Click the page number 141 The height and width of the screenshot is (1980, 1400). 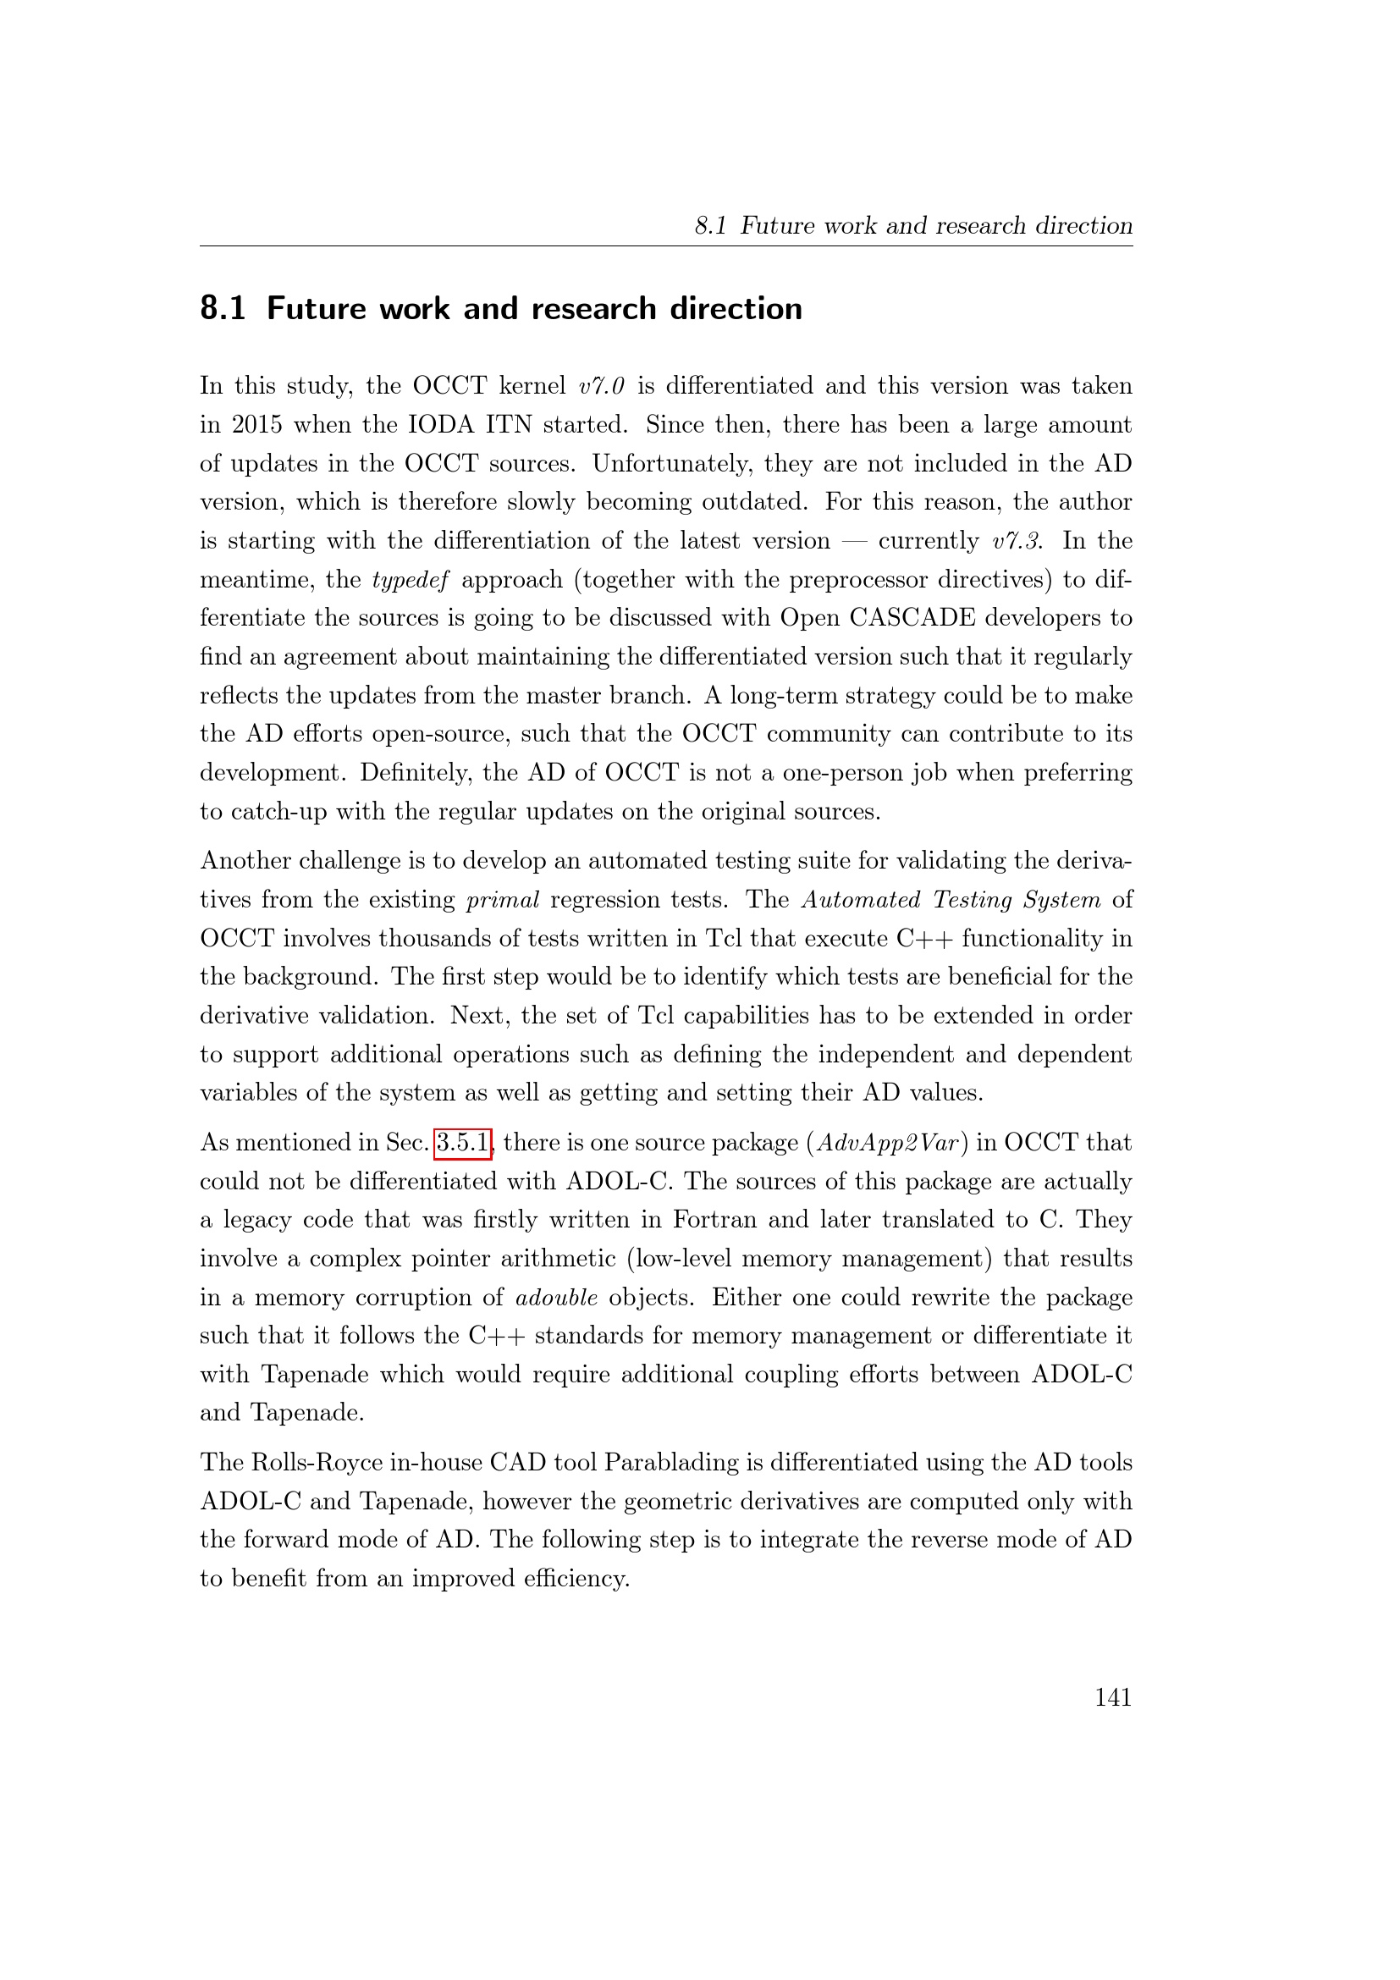pyautogui.click(x=1112, y=1697)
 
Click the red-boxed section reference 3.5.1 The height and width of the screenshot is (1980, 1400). pyautogui.click(x=463, y=1143)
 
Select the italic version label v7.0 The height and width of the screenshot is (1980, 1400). pyautogui.click(x=602, y=385)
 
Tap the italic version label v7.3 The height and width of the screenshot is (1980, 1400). pyautogui.click(x=1017, y=541)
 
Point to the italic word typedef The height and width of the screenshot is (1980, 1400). pyautogui.click(x=411, y=580)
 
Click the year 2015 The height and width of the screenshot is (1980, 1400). pyautogui.click(x=257, y=424)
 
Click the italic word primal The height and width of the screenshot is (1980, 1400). pyautogui.click(x=503, y=900)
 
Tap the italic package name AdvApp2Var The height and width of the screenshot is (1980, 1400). pyautogui.click(x=887, y=1143)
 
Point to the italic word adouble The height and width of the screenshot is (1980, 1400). pyautogui.click(x=556, y=1297)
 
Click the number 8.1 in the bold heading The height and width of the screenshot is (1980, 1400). pyautogui.click(x=223, y=308)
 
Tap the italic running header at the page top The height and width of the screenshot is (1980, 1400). pyautogui.click(x=913, y=225)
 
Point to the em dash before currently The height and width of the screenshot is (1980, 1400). pyautogui.click(x=853, y=541)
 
